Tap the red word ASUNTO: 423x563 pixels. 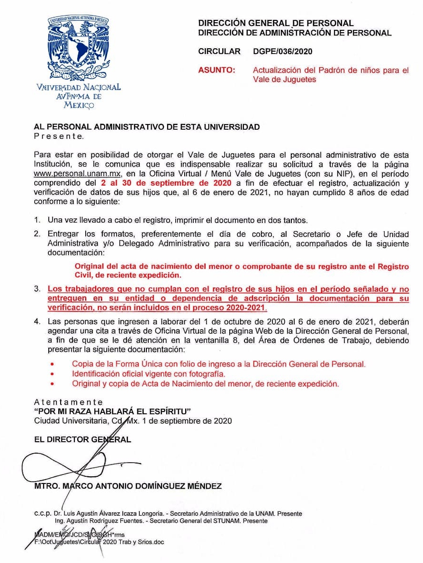216,70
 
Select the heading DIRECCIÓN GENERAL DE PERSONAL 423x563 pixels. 276,23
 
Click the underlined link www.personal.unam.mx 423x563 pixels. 78,174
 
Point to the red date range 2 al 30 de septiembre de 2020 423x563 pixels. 166,183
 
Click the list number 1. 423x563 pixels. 36,220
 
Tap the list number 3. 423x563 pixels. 36,289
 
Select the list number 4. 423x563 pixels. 36,322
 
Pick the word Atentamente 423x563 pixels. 68,402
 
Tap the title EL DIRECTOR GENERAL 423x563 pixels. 82,439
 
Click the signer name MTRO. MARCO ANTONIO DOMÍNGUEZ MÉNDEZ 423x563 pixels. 128,486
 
